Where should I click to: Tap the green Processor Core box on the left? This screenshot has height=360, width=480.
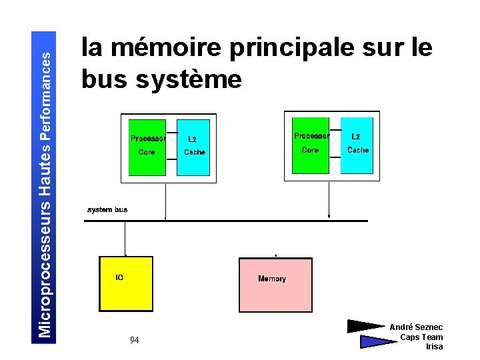[x=147, y=147]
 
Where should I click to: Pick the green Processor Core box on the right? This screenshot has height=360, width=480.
[x=310, y=145]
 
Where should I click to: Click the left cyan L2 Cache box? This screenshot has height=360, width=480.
[x=193, y=147]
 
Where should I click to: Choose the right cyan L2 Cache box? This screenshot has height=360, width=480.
[x=357, y=145]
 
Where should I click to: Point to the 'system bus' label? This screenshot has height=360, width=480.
[x=107, y=209]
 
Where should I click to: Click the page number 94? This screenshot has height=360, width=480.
[x=134, y=340]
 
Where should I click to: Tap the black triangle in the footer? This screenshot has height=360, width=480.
[x=365, y=326]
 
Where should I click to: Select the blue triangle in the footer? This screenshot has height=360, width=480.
[x=377, y=341]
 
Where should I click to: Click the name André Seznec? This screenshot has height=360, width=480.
[x=416, y=327]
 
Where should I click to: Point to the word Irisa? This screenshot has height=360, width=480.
[x=434, y=347]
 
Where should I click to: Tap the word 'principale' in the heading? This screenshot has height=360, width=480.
[x=293, y=48]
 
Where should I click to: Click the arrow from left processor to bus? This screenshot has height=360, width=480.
[x=165, y=200]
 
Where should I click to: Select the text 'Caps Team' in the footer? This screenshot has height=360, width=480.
[x=421, y=337]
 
